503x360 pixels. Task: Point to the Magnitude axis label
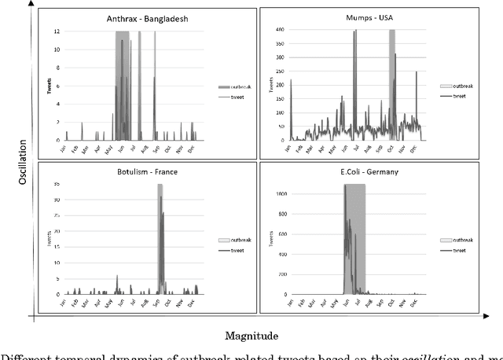click(x=251, y=336)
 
